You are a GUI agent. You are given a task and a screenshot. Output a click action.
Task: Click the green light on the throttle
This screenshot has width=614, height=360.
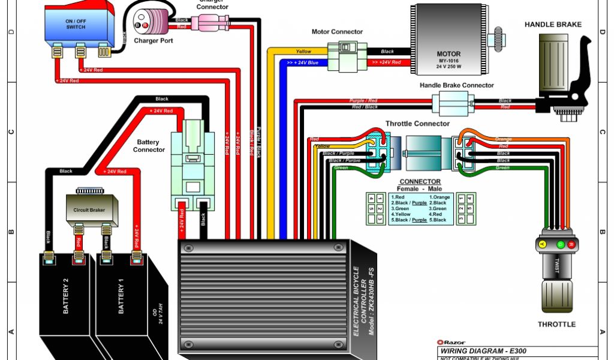[x=561, y=245]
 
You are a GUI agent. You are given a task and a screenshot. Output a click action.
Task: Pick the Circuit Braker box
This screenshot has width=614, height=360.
[x=90, y=210]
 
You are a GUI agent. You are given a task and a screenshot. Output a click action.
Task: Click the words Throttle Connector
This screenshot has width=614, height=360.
[x=417, y=124]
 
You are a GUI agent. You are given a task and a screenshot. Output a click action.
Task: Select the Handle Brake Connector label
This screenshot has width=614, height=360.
[x=457, y=86]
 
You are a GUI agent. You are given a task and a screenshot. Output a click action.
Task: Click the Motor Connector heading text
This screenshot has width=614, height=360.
[x=337, y=32]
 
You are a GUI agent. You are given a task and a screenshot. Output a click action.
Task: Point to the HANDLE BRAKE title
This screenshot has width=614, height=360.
[x=553, y=25]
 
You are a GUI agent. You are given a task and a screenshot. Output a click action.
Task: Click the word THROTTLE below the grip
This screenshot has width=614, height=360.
[x=556, y=324]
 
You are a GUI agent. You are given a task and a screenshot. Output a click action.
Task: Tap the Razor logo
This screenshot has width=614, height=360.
[x=452, y=343]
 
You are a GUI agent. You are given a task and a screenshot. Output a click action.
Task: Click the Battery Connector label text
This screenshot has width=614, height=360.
[x=149, y=146]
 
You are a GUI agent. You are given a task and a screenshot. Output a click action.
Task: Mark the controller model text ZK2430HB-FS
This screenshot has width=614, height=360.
[x=372, y=306]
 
